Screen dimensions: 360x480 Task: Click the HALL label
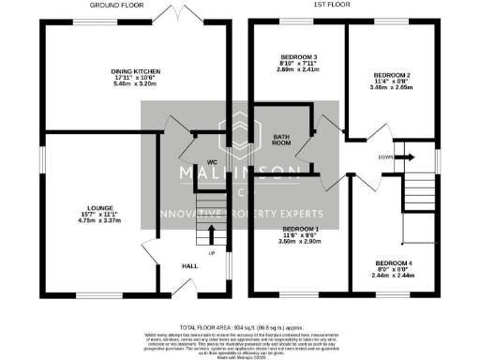pyautogui.click(x=189, y=266)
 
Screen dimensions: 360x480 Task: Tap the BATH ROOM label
pyautogui.click(x=281, y=141)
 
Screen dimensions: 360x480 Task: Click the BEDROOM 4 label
pyautogui.click(x=393, y=263)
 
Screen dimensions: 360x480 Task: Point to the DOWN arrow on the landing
pyautogui.click(x=404, y=157)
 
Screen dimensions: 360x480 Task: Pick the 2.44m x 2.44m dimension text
pyautogui.click(x=393, y=277)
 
